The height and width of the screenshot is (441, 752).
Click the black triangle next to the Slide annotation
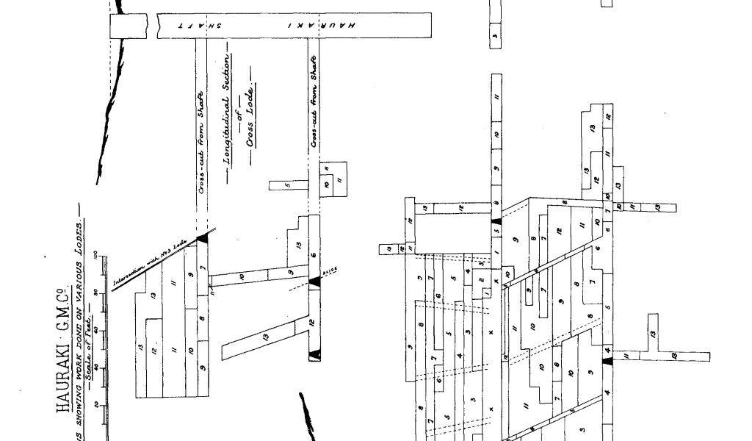[315, 281]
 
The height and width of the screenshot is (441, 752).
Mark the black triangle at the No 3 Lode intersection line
[203, 239]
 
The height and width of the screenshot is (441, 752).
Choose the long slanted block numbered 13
[264, 338]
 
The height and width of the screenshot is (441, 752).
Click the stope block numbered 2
[480, 280]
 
